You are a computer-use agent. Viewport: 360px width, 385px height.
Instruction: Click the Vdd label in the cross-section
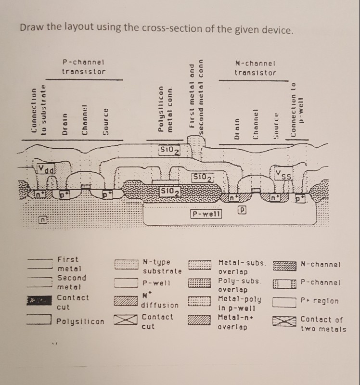tap(47, 169)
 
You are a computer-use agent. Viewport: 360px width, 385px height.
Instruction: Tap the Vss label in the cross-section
tap(283, 174)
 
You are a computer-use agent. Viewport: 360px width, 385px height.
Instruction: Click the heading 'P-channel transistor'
tap(84, 67)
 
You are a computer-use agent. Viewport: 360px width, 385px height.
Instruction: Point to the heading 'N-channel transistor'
tap(256, 68)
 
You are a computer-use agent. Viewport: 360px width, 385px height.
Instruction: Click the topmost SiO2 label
tap(169, 150)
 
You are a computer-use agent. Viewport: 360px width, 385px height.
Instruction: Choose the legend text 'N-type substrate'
tap(162, 267)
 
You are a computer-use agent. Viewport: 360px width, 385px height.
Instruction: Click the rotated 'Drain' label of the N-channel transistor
tap(236, 131)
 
